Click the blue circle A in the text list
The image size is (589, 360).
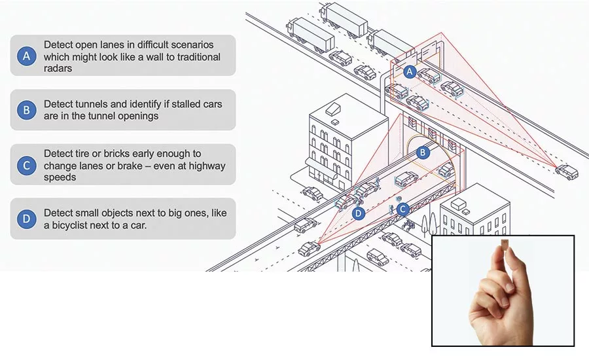[x=27, y=56]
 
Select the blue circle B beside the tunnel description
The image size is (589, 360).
[x=27, y=110]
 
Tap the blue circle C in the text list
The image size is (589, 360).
[x=27, y=166]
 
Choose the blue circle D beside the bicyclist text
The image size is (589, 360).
[x=27, y=219]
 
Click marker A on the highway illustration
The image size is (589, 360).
[x=410, y=72]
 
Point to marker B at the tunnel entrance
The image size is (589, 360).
[x=423, y=153]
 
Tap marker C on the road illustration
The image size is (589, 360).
[x=402, y=209]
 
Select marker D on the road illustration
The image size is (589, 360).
[x=359, y=214]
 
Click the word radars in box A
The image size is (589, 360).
[x=58, y=68]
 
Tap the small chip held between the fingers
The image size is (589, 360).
[x=505, y=244]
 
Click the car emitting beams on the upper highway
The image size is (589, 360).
[x=566, y=171]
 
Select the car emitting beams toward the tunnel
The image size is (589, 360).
[x=309, y=249]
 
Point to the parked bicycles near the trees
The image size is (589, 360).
[x=408, y=225]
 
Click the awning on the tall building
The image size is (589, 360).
[x=321, y=168]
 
